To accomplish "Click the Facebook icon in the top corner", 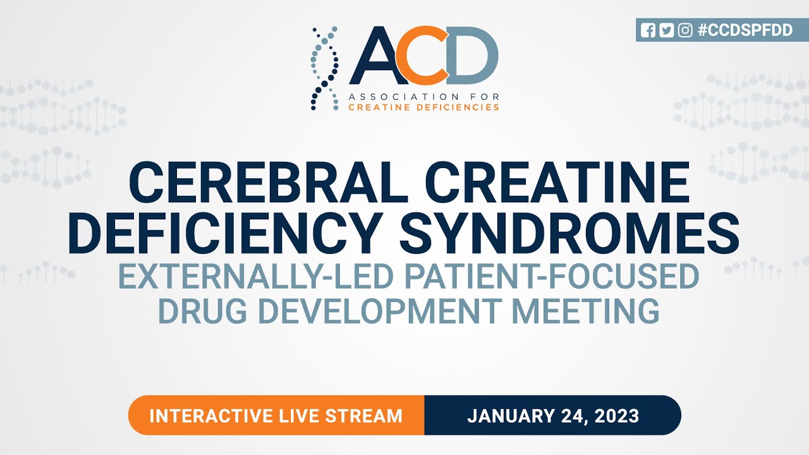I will coord(648,30).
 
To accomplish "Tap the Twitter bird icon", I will coord(666,30).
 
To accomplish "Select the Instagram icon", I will coord(684,30).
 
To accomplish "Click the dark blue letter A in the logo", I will coord(379,57).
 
